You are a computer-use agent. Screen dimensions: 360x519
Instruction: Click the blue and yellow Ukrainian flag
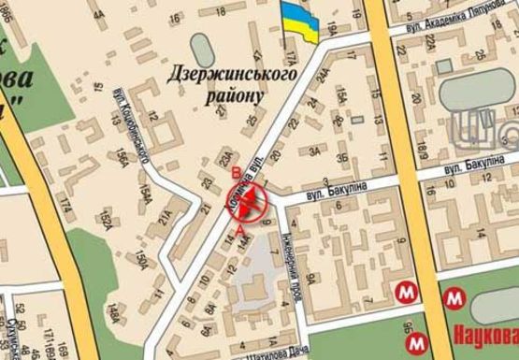pos(301,21)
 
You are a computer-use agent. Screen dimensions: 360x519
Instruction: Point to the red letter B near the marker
pos(236,172)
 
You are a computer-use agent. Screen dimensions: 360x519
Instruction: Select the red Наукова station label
pos(486,334)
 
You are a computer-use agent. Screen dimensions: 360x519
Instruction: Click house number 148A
pos(113,310)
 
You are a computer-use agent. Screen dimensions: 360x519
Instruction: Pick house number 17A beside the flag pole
pos(291,58)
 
